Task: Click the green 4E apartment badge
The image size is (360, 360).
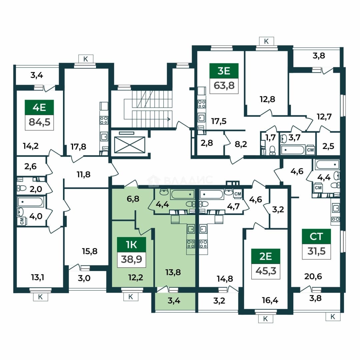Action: click(x=39, y=107)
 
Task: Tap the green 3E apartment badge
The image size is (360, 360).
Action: click(x=224, y=71)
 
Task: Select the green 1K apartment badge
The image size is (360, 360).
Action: click(x=131, y=245)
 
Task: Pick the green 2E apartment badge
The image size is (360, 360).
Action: click(x=266, y=256)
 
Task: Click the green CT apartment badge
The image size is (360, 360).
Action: click(x=316, y=236)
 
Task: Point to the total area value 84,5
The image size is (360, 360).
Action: click(x=39, y=122)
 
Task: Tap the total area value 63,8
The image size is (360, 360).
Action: click(x=224, y=86)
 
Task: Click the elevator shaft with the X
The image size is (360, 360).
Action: click(x=130, y=145)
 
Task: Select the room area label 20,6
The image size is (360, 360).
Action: click(x=313, y=276)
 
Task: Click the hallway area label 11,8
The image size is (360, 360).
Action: click(x=84, y=174)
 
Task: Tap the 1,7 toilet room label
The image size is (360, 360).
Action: click(x=270, y=138)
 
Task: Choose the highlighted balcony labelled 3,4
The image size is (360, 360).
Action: click(x=174, y=301)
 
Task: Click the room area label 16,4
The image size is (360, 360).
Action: click(x=270, y=300)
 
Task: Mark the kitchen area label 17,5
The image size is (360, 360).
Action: click(x=219, y=121)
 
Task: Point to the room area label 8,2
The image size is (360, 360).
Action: click(x=241, y=144)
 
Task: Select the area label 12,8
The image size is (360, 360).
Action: click(x=267, y=99)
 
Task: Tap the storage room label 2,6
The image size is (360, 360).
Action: click(x=30, y=166)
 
